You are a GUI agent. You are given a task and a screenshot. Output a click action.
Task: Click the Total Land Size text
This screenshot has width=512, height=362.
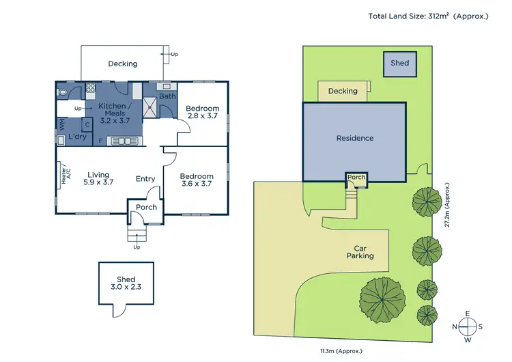pyautogui.click(x=428, y=16)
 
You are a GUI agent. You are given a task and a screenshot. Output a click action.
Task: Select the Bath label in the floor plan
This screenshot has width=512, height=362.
pyautogui.click(x=167, y=96)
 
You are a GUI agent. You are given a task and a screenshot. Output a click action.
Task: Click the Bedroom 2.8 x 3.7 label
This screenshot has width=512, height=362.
pyautogui.click(x=203, y=112)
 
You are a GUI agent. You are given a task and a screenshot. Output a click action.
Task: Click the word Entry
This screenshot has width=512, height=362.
pyautogui.click(x=145, y=179)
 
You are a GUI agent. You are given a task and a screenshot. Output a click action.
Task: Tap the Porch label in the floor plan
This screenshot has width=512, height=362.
pyautogui.click(x=146, y=207)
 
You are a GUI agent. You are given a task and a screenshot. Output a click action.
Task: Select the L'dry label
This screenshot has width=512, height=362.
pyautogui.click(x=76, y=137)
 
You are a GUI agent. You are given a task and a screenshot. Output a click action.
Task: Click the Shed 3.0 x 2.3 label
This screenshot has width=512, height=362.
pyautogui.click(x=126, y=283)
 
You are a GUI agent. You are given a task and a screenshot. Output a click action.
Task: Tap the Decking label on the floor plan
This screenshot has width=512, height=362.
pyautogui.click(x=123, y=64)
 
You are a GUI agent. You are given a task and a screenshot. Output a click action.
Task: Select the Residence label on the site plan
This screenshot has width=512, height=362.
pyautogui.click(x=355, y=138)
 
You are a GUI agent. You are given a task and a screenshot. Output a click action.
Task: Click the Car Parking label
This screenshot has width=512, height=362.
pyautogui.click(x=363, y=252)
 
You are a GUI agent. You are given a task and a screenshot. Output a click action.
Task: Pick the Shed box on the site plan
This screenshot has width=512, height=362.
pyautogui.click(x=399, y=63)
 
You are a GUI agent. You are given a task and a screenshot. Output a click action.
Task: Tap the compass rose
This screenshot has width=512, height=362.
pyautogui.click(x=468, y=326)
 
